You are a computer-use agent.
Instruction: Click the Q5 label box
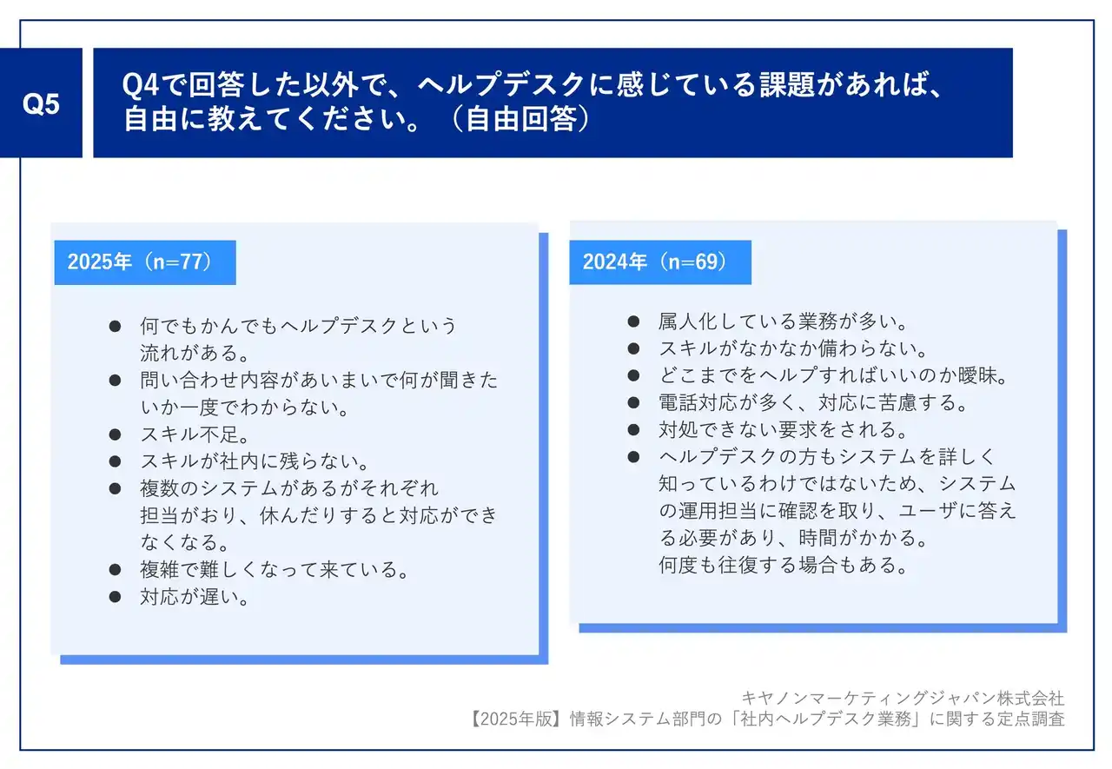41,103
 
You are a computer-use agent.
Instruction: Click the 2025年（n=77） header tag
145,262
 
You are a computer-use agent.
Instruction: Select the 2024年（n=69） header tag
660,262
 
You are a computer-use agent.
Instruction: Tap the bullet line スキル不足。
195,434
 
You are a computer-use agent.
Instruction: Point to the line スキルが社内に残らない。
255,461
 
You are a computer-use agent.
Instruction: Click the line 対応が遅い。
195,597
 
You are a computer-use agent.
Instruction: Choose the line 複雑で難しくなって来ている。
274,569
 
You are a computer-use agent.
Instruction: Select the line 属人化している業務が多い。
783,322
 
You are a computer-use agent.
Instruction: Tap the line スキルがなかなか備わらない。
793,348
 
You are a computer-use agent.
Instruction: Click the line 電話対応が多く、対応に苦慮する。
812,402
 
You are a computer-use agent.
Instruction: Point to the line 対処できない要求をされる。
783,429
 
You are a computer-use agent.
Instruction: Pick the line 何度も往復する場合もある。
783,565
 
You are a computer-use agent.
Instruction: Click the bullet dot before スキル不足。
116,434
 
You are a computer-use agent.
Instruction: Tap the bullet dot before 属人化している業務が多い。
633,322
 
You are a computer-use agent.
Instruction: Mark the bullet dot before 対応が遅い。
116,597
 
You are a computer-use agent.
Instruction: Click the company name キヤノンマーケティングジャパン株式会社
903,698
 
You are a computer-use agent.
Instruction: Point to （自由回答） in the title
521,119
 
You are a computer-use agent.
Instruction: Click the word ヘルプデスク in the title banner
501,84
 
